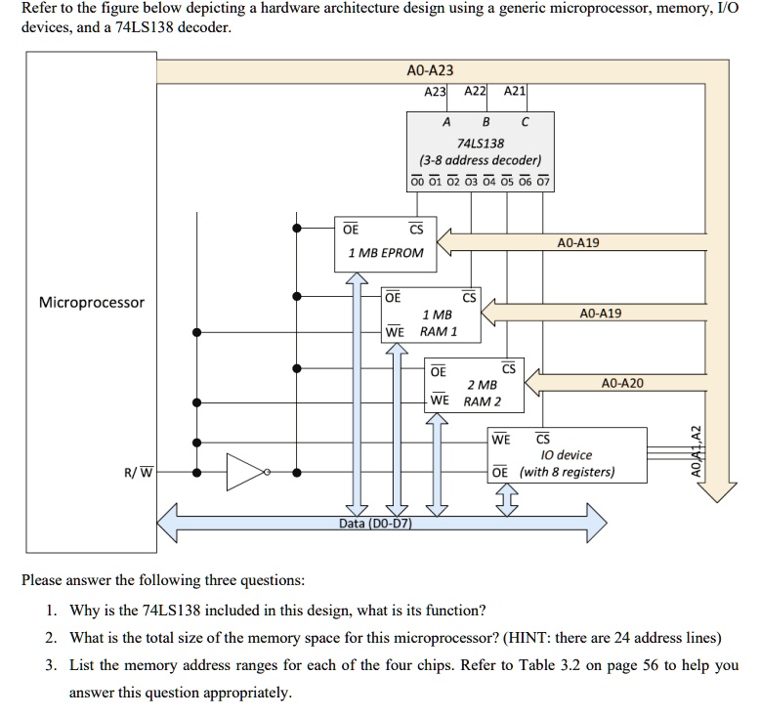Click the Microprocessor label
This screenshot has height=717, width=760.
(91, 302)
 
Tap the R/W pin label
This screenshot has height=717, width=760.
(138, 474)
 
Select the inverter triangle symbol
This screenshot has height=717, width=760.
(247, 473)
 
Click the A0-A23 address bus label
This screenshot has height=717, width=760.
(429, 71)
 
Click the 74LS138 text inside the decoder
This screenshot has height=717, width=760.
(481, 143)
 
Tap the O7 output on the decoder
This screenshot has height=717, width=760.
(544, 181)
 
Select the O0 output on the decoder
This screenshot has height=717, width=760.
(418, 181)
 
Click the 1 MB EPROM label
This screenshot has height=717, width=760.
(386, 253)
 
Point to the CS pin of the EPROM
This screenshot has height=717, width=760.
(415, 230)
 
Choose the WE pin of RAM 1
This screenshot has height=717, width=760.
(395, 332)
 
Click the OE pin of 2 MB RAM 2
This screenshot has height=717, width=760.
(439, 371)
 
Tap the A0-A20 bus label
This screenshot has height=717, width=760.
(622, 384)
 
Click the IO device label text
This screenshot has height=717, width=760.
(566, 455)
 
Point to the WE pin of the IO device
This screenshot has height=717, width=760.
(500, 439)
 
